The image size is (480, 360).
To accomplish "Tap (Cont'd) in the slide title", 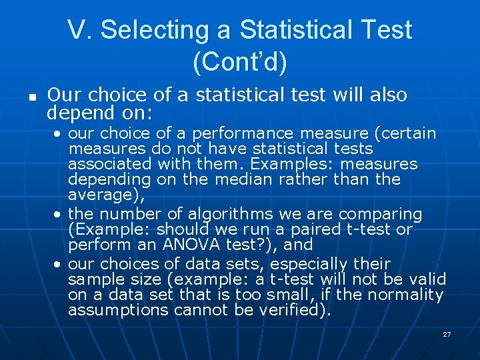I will pos(239,62).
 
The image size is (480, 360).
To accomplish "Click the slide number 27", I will pos(447,333).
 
